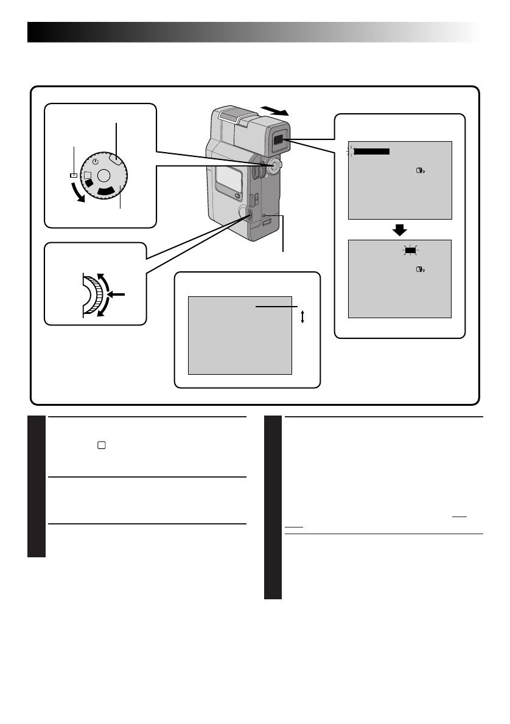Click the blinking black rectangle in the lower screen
tap(410, 249)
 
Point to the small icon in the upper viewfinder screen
tap(419, 173)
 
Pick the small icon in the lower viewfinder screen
tap(419, 270)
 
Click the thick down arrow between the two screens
tap(399, 229)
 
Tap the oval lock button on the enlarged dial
tap(116, 158)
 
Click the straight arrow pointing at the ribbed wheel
tap(117, 294)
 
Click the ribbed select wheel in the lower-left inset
tap(93, 295)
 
